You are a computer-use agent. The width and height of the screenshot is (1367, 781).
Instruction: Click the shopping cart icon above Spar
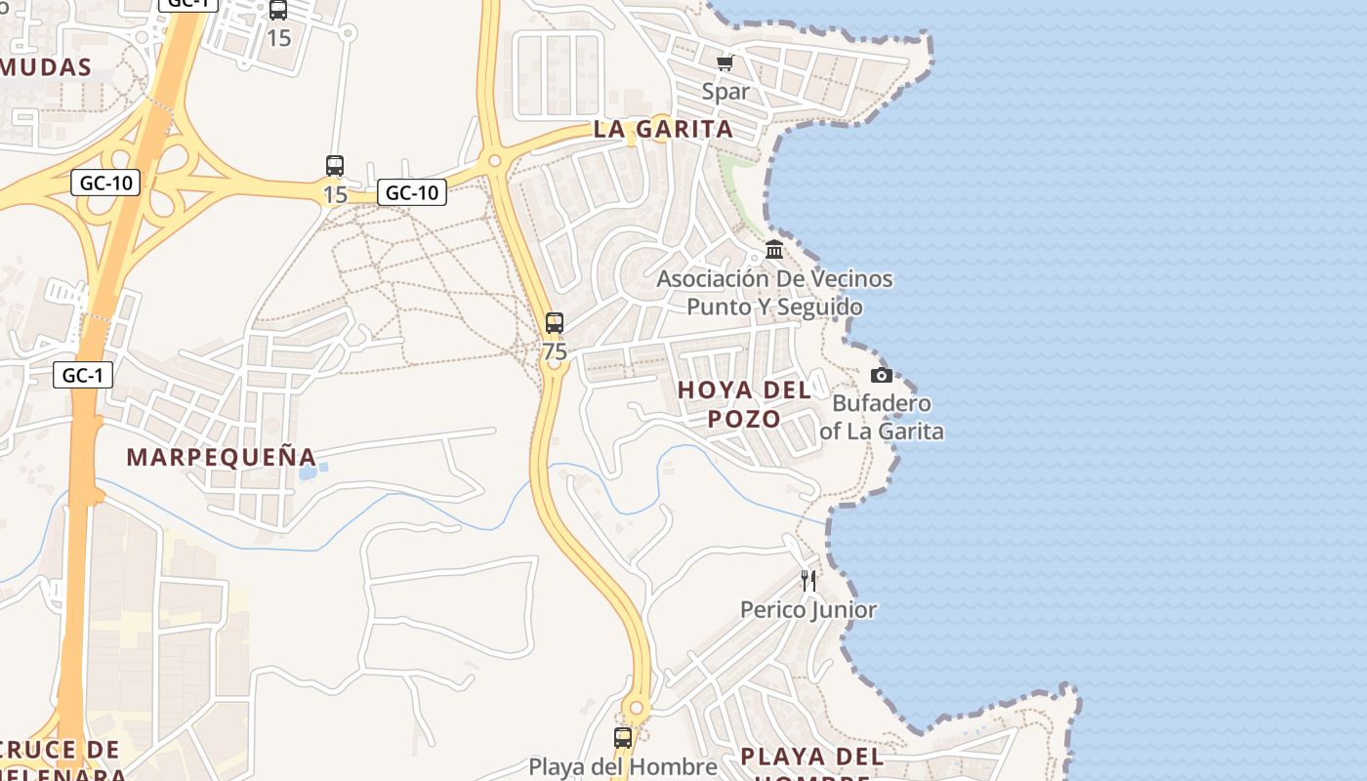tap(725, 63)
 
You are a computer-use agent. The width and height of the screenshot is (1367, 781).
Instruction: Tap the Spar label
tap(725, 92)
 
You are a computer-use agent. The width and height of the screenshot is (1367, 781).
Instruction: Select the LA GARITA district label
tap(663, 129)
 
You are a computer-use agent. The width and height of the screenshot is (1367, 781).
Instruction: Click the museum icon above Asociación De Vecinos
tap(774, 250)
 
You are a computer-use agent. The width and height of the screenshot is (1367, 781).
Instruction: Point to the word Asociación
tap(713, 279)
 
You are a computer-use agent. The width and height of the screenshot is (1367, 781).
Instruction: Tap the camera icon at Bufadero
tap(881, 376)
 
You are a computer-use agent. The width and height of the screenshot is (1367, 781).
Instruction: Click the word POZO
tap(744, 419)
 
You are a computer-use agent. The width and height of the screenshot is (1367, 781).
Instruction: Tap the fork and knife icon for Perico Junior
tap(808, 581)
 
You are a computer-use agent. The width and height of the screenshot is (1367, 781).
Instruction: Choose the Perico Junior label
tap(808, 610)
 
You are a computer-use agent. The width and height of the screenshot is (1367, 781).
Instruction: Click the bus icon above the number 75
tap(555, 323)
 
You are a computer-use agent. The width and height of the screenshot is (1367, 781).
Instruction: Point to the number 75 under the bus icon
tap(555, 351)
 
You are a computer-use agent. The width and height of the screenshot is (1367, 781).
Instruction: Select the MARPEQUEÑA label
tap(222, 457)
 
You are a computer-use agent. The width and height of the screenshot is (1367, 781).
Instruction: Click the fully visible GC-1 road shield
tap(83, 375)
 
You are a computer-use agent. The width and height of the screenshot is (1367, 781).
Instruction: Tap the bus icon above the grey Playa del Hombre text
tap(623, 739)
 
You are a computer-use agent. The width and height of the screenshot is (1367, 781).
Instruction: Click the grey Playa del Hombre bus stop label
tap(623, 767)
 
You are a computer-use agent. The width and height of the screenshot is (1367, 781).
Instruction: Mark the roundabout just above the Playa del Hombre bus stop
tap(637, 708)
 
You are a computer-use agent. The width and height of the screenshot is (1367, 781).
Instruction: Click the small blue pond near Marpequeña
tap(308, 473)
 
